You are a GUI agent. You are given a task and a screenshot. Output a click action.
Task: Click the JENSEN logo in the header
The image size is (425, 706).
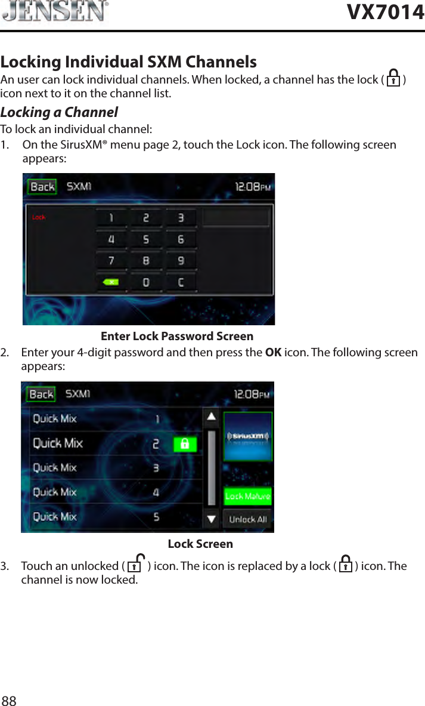pos(55,12)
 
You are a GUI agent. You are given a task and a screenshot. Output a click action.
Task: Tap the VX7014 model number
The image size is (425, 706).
pos(385,12)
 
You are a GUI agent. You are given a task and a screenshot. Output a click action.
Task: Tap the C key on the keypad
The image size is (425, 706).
pos(181,282)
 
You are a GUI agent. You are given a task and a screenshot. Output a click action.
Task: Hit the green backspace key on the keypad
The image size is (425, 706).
pos(111,282)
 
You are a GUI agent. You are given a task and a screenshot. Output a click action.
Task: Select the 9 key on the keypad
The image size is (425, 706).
pos(181,261)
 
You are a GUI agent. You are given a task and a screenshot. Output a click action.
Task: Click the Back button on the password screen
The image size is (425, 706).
pos(42,187)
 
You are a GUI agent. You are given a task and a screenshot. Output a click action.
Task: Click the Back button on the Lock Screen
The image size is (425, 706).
pos(41,394)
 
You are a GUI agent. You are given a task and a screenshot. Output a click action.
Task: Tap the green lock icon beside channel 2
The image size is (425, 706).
pos(185,444)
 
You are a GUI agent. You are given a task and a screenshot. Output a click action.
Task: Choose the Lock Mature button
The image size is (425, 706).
pos(247,496)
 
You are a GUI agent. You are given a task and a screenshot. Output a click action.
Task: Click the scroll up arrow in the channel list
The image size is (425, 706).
pos(211,417)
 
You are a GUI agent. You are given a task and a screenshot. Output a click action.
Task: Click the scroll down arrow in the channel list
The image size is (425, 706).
pos(211,519)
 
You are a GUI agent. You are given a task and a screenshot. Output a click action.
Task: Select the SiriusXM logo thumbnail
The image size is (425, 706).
pos(248,436)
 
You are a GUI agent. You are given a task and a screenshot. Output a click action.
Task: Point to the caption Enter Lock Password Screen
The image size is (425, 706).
pos(177,337)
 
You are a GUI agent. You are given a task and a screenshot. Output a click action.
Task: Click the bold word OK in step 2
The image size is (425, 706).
pos(274,352)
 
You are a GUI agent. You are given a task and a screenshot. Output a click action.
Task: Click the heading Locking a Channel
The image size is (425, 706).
pos(59,112)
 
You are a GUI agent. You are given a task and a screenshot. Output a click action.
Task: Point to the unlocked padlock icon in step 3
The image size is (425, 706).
pos(136,564)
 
